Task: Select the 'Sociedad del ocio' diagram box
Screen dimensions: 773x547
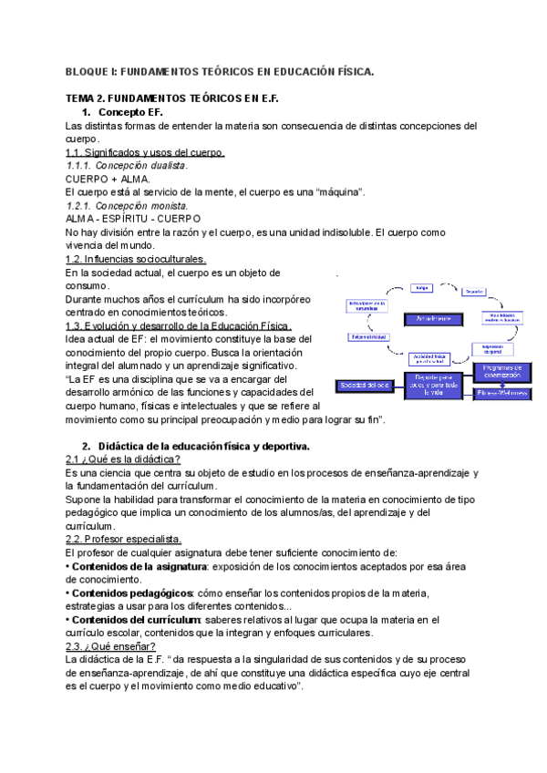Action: coord(366,385)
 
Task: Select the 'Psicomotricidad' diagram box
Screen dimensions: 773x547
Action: coord(368,336)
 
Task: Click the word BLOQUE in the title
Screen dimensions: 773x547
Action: coord(89,70)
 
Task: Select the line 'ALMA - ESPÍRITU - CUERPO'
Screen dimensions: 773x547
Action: coord(133,219)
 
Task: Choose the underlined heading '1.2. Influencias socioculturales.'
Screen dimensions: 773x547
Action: coord(137,259)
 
